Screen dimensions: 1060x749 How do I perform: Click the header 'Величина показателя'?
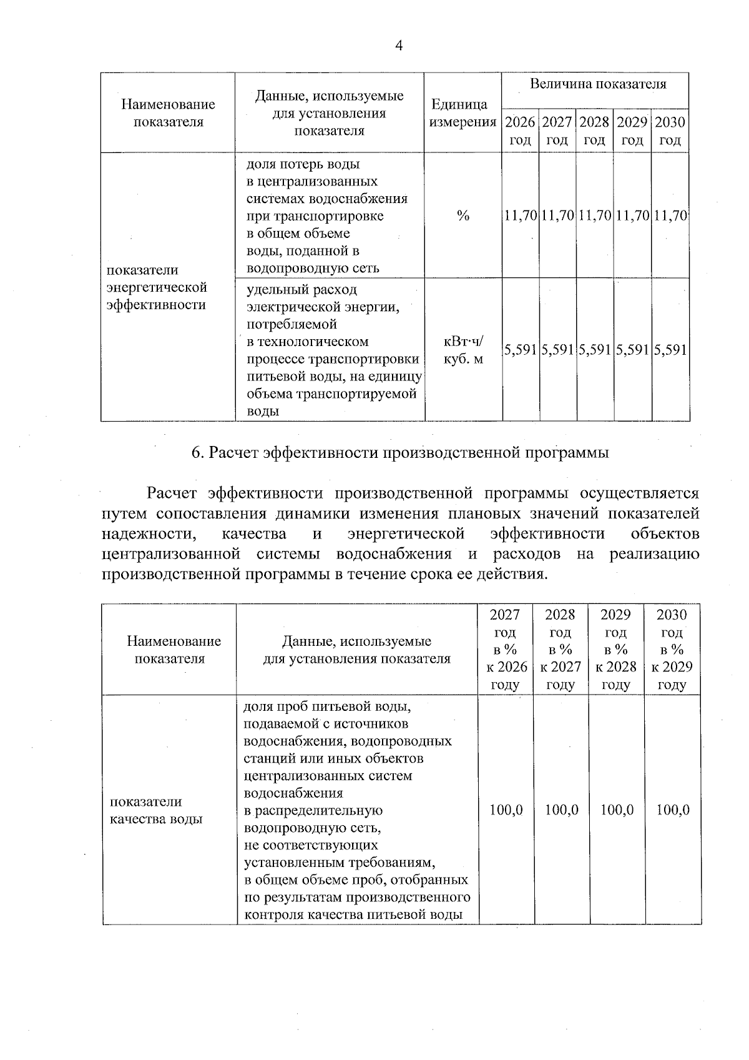pos(597,84)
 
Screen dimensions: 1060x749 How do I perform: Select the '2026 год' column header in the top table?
pos(520,131)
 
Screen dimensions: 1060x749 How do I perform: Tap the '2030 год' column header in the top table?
pos(670,131)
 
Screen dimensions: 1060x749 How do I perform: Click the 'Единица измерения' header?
pos(463,113)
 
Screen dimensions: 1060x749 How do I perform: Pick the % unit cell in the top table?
pos(463,216)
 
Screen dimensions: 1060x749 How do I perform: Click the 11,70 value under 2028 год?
pos(595,216)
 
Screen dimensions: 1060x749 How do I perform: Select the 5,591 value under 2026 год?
pos(521,350)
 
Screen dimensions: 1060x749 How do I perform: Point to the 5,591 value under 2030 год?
pos(670,350)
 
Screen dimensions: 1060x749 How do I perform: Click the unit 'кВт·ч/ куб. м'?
pos(463,350)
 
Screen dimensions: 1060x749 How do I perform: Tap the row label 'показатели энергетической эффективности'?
pos(156,287)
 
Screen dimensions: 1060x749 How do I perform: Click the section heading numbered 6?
pos(399,453)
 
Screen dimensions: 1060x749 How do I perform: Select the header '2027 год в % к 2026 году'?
pos(506,649)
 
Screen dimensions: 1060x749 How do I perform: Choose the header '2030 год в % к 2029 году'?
pos(673,649)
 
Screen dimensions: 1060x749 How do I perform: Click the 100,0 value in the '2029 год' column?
pos(617,810)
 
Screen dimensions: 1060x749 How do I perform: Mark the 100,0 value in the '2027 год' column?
pos(506,810)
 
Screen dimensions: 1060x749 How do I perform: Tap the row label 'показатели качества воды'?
pos(156,810)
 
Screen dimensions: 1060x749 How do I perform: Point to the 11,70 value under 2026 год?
pos(521,216)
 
